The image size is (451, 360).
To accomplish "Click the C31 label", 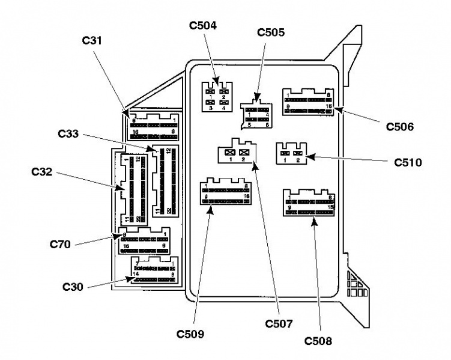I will (x=92, y=41).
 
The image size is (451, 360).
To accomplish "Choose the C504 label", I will (x=204, y=26).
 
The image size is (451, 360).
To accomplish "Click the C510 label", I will (x=408, y=162).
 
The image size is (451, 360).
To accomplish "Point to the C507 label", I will (x=279, y=324).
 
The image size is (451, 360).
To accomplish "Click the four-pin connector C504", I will (x=217, y=96).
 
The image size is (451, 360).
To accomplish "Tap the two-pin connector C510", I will (x=291, y=154).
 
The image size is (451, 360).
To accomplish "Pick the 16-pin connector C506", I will (x=307, y=102).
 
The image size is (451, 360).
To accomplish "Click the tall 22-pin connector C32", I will (x=132, y=188).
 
